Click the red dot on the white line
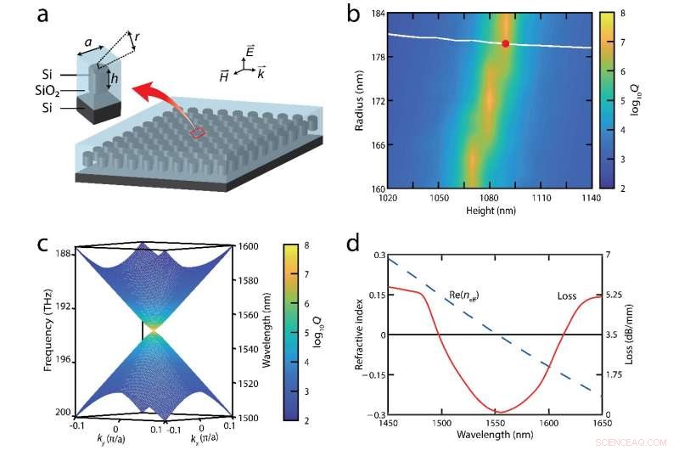[x=505, y=43]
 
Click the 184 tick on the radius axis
[x=373, y=14]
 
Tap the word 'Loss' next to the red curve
[x=565, y=296]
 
